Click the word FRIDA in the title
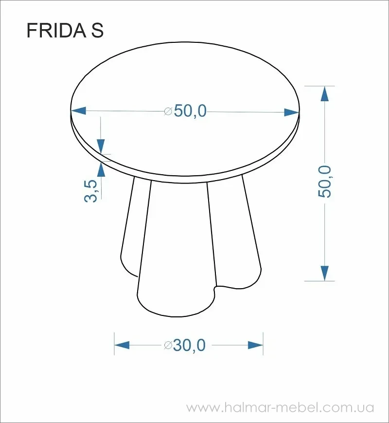pos(56,30)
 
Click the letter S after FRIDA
pos(97,30)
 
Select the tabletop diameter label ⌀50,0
pos(185,111)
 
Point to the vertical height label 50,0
pos(324,182)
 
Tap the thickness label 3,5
pos(90,191)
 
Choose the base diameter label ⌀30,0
pos(185,345)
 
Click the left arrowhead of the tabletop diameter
pos(78,110)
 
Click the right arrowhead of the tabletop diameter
pos(292,112)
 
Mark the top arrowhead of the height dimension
pos(325,93)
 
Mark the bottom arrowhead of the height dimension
pos(325,273)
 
